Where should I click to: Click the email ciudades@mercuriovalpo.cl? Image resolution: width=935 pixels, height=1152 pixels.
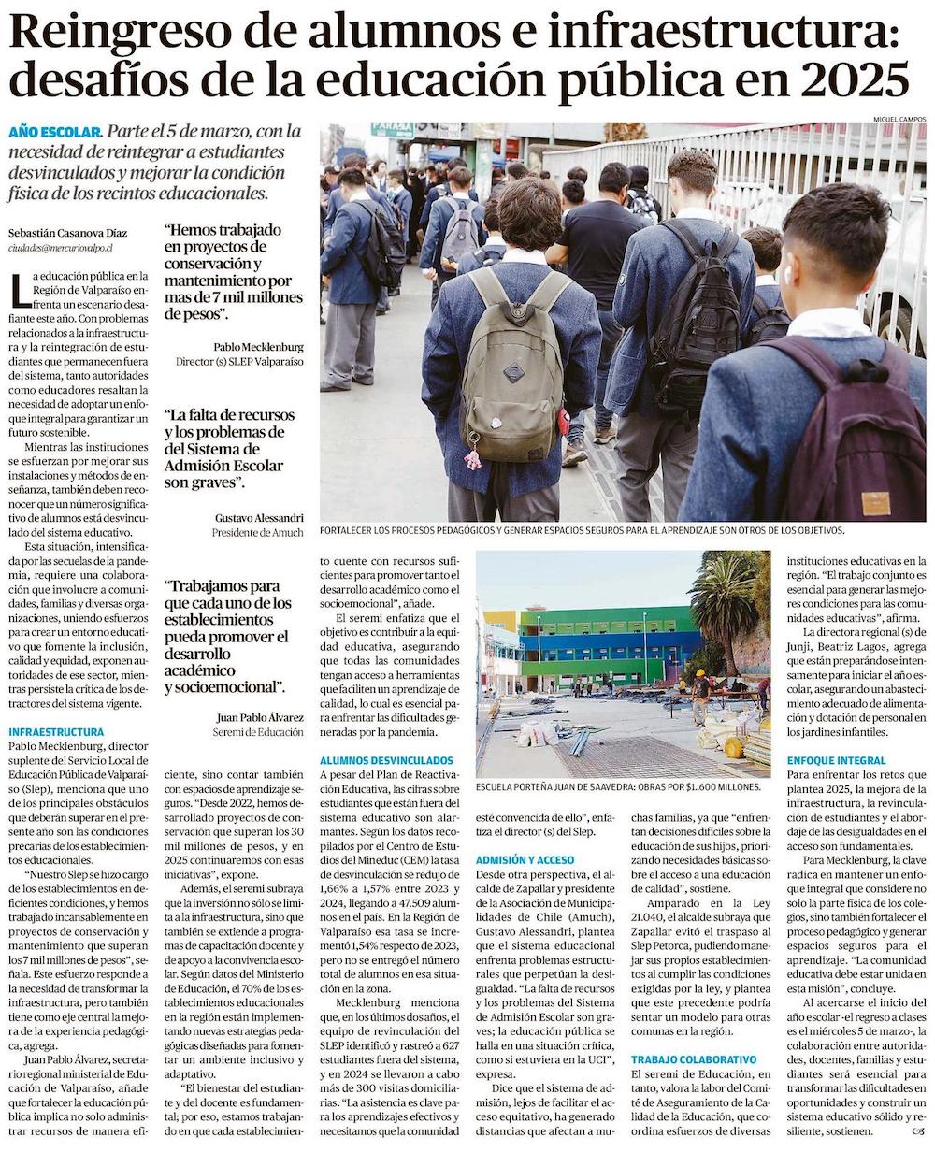coord(60,249)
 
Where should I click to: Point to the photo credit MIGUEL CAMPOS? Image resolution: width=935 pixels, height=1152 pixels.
coord(899,119)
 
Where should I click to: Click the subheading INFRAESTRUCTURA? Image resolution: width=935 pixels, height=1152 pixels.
coord(56,731)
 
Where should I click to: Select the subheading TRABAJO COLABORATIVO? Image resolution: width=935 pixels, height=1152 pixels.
coord(693,1059)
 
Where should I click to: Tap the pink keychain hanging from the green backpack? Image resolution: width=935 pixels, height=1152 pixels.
coord(473,456)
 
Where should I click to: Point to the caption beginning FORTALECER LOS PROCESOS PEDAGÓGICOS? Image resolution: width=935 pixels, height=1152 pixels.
coord(581,530)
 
